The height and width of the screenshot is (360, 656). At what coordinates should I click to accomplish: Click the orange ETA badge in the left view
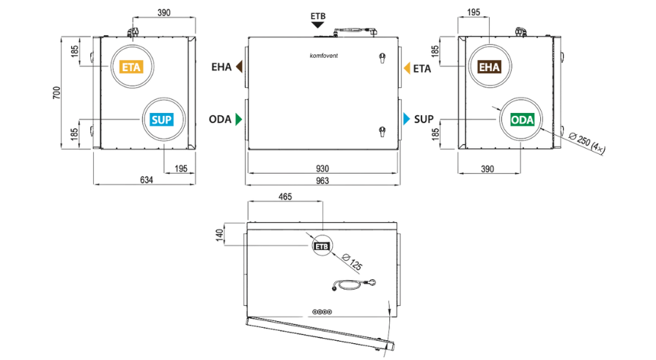pyautogui.click(x=131, y=67)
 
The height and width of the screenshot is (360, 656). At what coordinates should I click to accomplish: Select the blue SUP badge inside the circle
pyautogui.click(x=161, y=120)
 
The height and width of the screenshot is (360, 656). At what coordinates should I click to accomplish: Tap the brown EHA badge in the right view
pyautogui.click(x=490, y=67)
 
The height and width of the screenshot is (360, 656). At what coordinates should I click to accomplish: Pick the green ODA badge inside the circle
pyautogui.click(x=522, y=120)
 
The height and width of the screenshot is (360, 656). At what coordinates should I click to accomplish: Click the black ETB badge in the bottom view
pyautogui.click(x=322, y=246)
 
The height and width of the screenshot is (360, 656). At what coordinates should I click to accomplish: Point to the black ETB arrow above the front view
pyautogui.click(x=318, y=25)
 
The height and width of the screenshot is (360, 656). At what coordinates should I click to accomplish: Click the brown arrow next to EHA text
pyautogui.click(x=239, y=67)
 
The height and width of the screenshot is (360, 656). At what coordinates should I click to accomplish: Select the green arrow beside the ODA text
pyautogui.click(x=239, y=120)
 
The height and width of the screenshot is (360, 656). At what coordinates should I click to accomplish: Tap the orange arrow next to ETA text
pyautogui.click(x=407, y=68)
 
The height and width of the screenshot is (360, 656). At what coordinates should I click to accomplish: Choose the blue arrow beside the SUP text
pyautogui.click(x=407, y=119)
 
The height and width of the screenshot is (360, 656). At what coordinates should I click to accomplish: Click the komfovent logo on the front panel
pyautogui.click(x=324, y=56)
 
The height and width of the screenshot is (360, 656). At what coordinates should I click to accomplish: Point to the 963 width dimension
pyautogui.click(x=323, y=180)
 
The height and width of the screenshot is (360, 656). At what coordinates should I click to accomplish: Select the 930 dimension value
pyautogui.click(x=323, y=169)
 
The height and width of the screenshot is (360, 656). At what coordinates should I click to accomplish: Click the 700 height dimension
pyautogui.click(x=56, y=92)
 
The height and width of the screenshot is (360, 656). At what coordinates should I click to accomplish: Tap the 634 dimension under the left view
pyautogui.click(x=147, y=180)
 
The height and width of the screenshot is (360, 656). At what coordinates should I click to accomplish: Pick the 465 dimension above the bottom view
pyautogui.click(x=285, y=196)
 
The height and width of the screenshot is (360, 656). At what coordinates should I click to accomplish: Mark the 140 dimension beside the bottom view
pyautogui.click(x=219, y=235)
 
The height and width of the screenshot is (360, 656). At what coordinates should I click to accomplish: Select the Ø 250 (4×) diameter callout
pyautogui.click(x=587, y=144)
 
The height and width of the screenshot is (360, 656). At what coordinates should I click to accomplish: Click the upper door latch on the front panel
pyautogui.click(x=382, y=58)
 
